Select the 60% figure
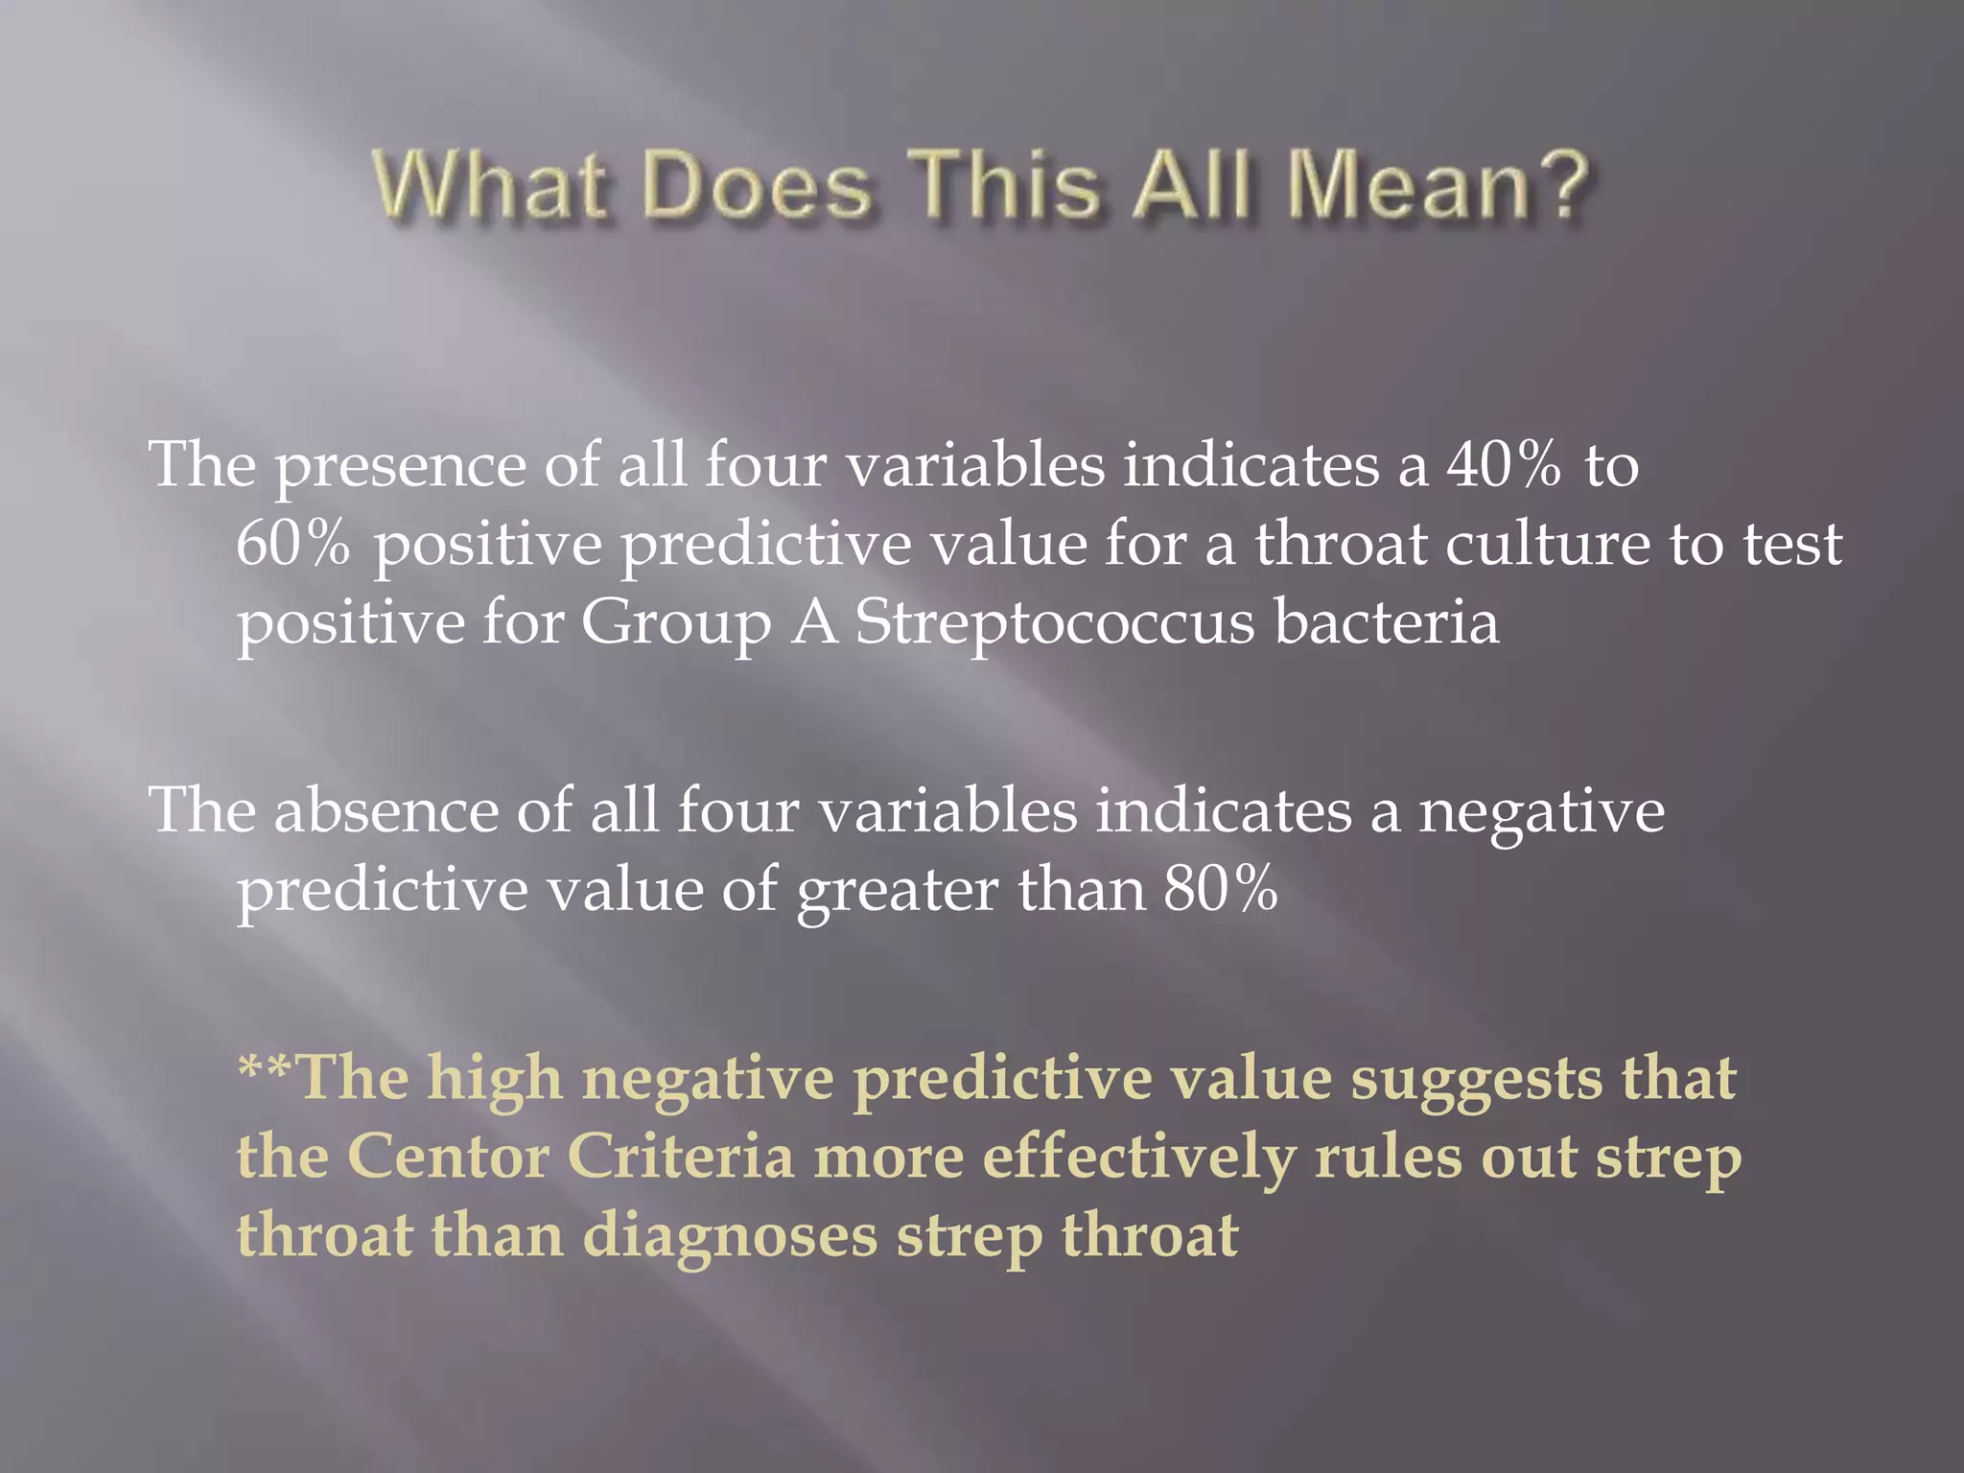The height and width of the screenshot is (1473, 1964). click(x=292, y=544)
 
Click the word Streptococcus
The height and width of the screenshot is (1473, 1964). click(x=1054, y=623)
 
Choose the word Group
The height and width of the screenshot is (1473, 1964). click(x=676, y=623)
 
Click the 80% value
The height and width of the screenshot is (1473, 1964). click(x=1221, y=889)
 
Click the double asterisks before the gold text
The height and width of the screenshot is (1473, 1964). click(x=267, y=1067)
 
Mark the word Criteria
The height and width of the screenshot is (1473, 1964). click(x=681, y=1156)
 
